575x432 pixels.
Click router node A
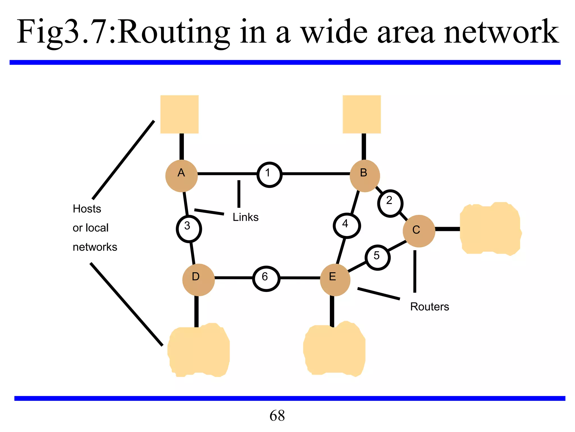(x=181, y=176)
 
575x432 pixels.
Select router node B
(x=365, y=176)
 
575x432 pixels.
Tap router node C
(x=419, y=231)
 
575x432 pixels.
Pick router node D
(x=198, y=280)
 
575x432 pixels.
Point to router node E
(x=335, y=280)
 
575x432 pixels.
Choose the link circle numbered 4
(x=347, y=226)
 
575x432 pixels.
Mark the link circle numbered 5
(x=378, y=257)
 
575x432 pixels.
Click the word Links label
(x=245, y=217)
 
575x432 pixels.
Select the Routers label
(x=429, y=307)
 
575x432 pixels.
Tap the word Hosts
(x=87, y=209)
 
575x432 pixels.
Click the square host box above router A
(x=179, y=114)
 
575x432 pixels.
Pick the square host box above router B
(x=362, y=114)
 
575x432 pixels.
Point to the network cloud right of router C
(x=490, y=228)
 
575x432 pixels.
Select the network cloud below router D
(x=198, y=350)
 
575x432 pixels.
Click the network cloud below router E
(x=334, y=349)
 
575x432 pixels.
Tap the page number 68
(x=277, y=415)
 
